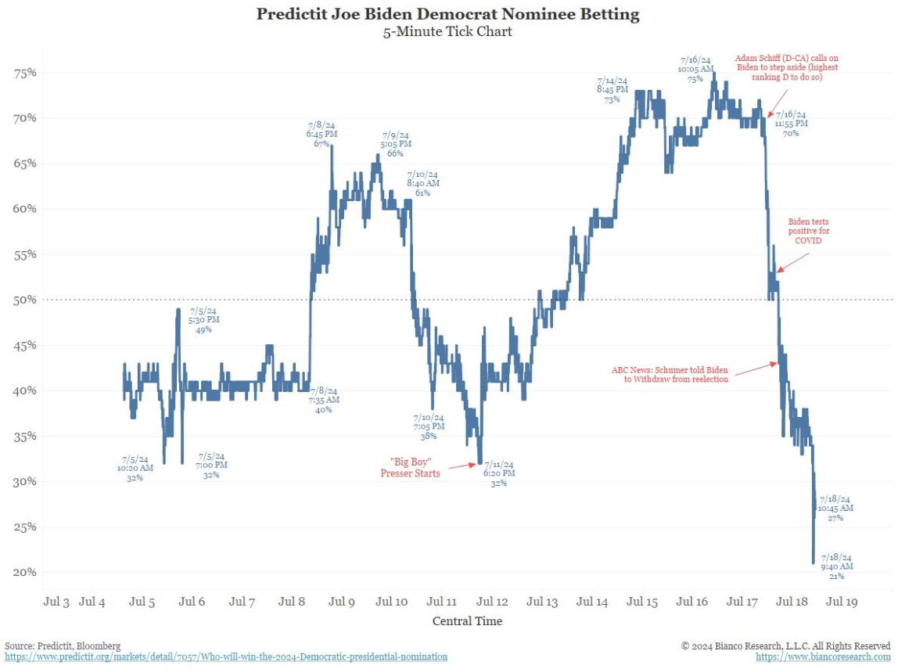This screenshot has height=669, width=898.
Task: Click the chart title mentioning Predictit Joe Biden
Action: click(x=447, y=14)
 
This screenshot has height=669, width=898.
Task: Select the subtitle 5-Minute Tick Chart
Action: click(x=447, y=32)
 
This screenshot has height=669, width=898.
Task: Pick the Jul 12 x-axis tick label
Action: click(x=493, y=602)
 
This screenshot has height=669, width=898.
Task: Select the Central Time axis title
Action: click(x=467, y=621)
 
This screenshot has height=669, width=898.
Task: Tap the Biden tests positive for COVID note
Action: click(x=809, y=232)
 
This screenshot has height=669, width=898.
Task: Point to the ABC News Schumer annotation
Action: click(x=670, y=374)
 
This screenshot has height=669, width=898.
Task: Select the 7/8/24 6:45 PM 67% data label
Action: click(x=321, y=134)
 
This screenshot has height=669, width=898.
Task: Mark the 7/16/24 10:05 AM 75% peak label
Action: click(x=695, y=69)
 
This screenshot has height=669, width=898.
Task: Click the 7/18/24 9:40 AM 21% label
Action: click(x=836, y=566)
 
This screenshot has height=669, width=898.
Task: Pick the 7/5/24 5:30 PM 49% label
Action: click(x=204, y=319)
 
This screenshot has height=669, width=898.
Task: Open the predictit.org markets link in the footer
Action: click(x=226, y=657)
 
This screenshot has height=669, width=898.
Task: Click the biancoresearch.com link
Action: click(x=823, y=657)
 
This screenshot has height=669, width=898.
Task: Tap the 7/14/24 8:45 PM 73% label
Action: click(x=612, y=90)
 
